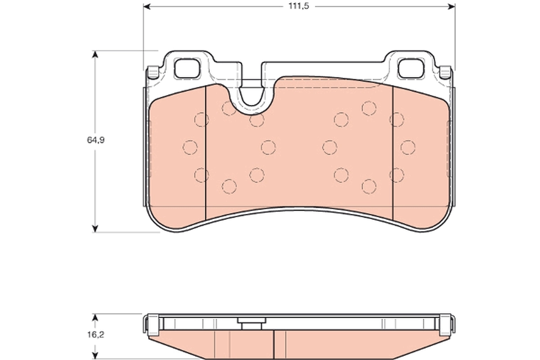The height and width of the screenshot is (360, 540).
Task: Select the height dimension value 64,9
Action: (x=96, y=140)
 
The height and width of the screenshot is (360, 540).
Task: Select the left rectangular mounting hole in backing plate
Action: (x=187, y=68)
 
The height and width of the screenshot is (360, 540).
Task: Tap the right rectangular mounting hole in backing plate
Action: (x=412, y=68)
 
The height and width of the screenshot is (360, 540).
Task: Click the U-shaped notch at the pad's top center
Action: (x=252, y=94)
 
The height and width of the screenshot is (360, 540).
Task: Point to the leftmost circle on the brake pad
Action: (x=190, y=147)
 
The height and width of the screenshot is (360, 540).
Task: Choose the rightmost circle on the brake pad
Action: (x=408, y=147)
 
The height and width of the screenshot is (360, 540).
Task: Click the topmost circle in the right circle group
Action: (x=369, y=108)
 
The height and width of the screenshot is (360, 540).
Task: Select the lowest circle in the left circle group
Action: (x=229, y=186)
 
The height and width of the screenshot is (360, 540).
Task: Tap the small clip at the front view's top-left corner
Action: (x=153, y=72)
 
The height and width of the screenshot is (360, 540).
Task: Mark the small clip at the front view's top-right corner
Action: (x=445, y=71)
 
